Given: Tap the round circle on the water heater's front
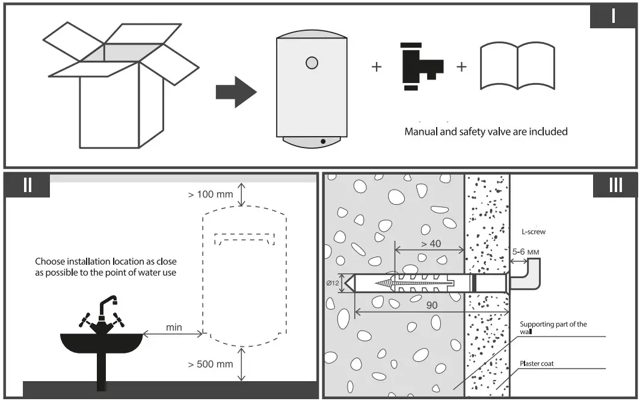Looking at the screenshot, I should click(312, 62).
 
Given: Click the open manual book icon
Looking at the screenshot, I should click(517, 66).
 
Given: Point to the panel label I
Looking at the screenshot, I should click(613, 16).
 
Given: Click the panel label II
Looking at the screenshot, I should click(28, 185).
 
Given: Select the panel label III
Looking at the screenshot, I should click(615, 185).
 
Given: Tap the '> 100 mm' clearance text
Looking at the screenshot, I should click(210, 194).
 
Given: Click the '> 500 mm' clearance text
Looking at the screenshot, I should click(210, 364).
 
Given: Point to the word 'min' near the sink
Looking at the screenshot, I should click(174, 328).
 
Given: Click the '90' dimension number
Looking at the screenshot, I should click(431, 305).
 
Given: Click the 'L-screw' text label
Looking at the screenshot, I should click(534, 231).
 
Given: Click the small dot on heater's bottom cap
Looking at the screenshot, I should click(323, 141).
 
